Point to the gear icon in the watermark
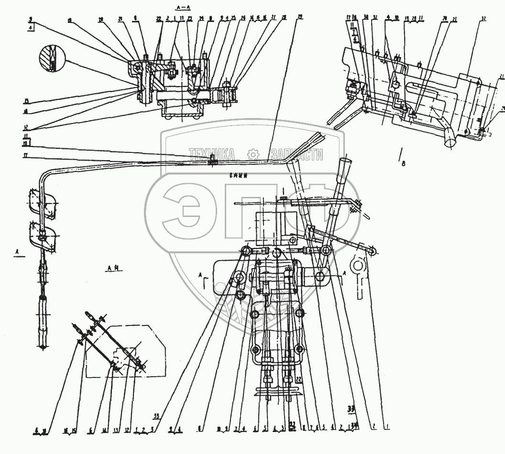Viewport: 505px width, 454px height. (x=252, y=154)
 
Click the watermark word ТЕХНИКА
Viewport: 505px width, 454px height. (x=211, y=154)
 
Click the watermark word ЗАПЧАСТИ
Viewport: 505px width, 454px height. (x=296, y=154)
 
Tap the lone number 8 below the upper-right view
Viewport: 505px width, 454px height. (x=403, y=163)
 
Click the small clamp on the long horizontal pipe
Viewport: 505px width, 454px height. (x=211, y=162)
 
